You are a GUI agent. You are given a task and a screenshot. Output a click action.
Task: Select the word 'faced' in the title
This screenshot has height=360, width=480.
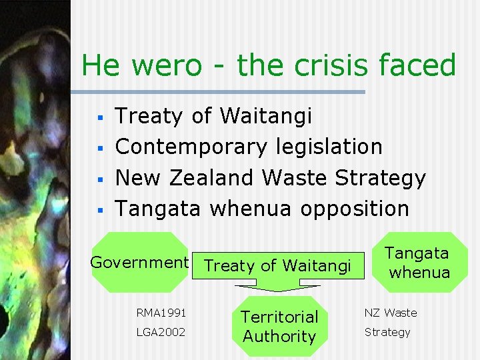415,66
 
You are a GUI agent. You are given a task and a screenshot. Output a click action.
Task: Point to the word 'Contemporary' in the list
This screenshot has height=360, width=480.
190,147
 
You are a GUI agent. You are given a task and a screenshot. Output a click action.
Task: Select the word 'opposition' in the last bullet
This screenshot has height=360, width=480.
354,209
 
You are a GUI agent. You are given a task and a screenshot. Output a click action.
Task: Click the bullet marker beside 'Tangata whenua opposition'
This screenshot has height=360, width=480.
98,210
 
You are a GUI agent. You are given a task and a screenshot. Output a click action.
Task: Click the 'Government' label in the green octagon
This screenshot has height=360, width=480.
139,262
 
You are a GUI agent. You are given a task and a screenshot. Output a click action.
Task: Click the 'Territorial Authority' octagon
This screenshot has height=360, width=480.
279,326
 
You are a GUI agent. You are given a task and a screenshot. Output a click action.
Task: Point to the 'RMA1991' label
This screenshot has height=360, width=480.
161,313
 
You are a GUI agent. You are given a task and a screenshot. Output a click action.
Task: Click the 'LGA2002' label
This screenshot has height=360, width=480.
161,332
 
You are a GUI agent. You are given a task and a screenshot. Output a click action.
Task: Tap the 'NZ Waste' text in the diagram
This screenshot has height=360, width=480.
390,313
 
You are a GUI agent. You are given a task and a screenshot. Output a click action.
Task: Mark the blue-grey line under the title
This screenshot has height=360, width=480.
220,91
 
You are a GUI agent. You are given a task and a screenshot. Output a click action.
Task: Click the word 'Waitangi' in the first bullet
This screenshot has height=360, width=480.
265,116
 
